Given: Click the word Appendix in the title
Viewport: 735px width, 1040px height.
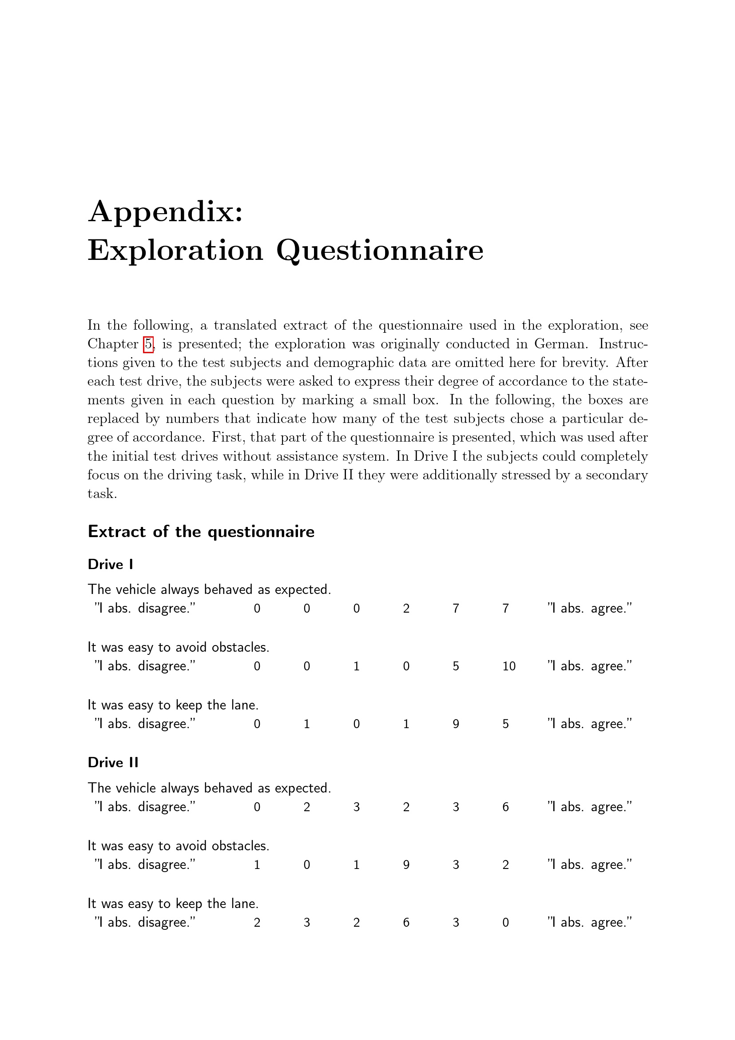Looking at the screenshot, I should click(165, 212).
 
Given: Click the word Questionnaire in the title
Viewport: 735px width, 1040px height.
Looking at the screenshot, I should click(380, 250).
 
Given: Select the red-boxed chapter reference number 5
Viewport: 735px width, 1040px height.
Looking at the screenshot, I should click(148, 344).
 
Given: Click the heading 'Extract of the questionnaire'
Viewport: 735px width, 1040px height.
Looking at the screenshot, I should click(201, 531).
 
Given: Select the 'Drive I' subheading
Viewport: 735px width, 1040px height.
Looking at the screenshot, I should click(110, 564).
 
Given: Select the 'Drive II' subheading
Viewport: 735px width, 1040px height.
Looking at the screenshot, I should click(113, 763).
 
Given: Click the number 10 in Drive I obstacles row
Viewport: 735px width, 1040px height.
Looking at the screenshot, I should click(509, 666).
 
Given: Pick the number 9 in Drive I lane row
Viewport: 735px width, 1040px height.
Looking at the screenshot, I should click(456, 724).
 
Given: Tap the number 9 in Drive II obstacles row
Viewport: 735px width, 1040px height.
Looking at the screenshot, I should click(406, 865).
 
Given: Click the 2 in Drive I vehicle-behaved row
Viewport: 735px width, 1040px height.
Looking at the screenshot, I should click(406, 609).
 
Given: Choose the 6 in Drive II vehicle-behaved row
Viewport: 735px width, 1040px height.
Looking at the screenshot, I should click(505, 807).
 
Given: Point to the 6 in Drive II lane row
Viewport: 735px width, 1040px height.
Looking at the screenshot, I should click(406, 923).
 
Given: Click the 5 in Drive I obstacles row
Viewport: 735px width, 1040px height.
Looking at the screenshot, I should click(456, 666).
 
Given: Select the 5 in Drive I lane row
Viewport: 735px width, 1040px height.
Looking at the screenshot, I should click(505, 724).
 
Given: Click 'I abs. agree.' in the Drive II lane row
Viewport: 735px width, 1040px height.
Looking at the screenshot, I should click(589, 923).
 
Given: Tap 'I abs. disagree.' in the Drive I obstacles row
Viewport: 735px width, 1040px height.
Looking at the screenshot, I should click(145, 666).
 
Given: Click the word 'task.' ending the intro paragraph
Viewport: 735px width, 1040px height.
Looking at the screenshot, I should click(102, 494).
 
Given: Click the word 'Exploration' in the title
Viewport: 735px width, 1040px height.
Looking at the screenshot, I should click(175, 250).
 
